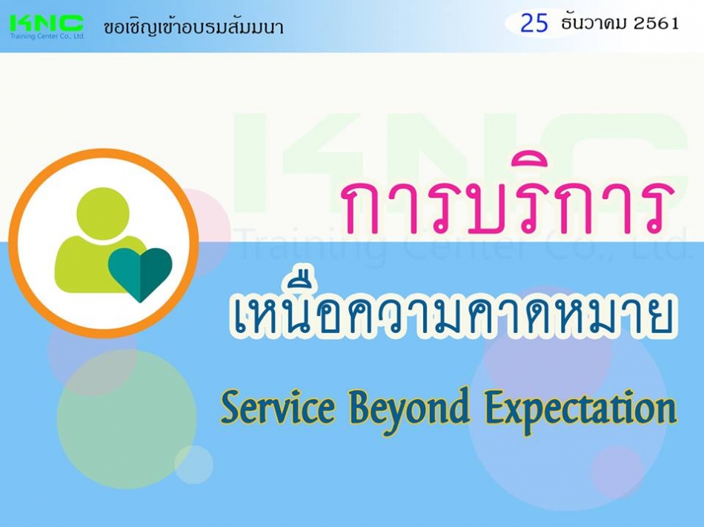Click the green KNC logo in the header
[47, 24]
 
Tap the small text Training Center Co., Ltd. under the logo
[47, 36]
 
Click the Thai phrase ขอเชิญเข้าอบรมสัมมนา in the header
[193, 27]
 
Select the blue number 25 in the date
[534, 23]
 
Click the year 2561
[656, 24]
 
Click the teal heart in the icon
[140, 274]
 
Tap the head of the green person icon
[103, 214]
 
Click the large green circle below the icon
[127, 419]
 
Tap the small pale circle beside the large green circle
[194, 465]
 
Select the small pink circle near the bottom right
[618, 471]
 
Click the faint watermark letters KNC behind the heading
[460, 161]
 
